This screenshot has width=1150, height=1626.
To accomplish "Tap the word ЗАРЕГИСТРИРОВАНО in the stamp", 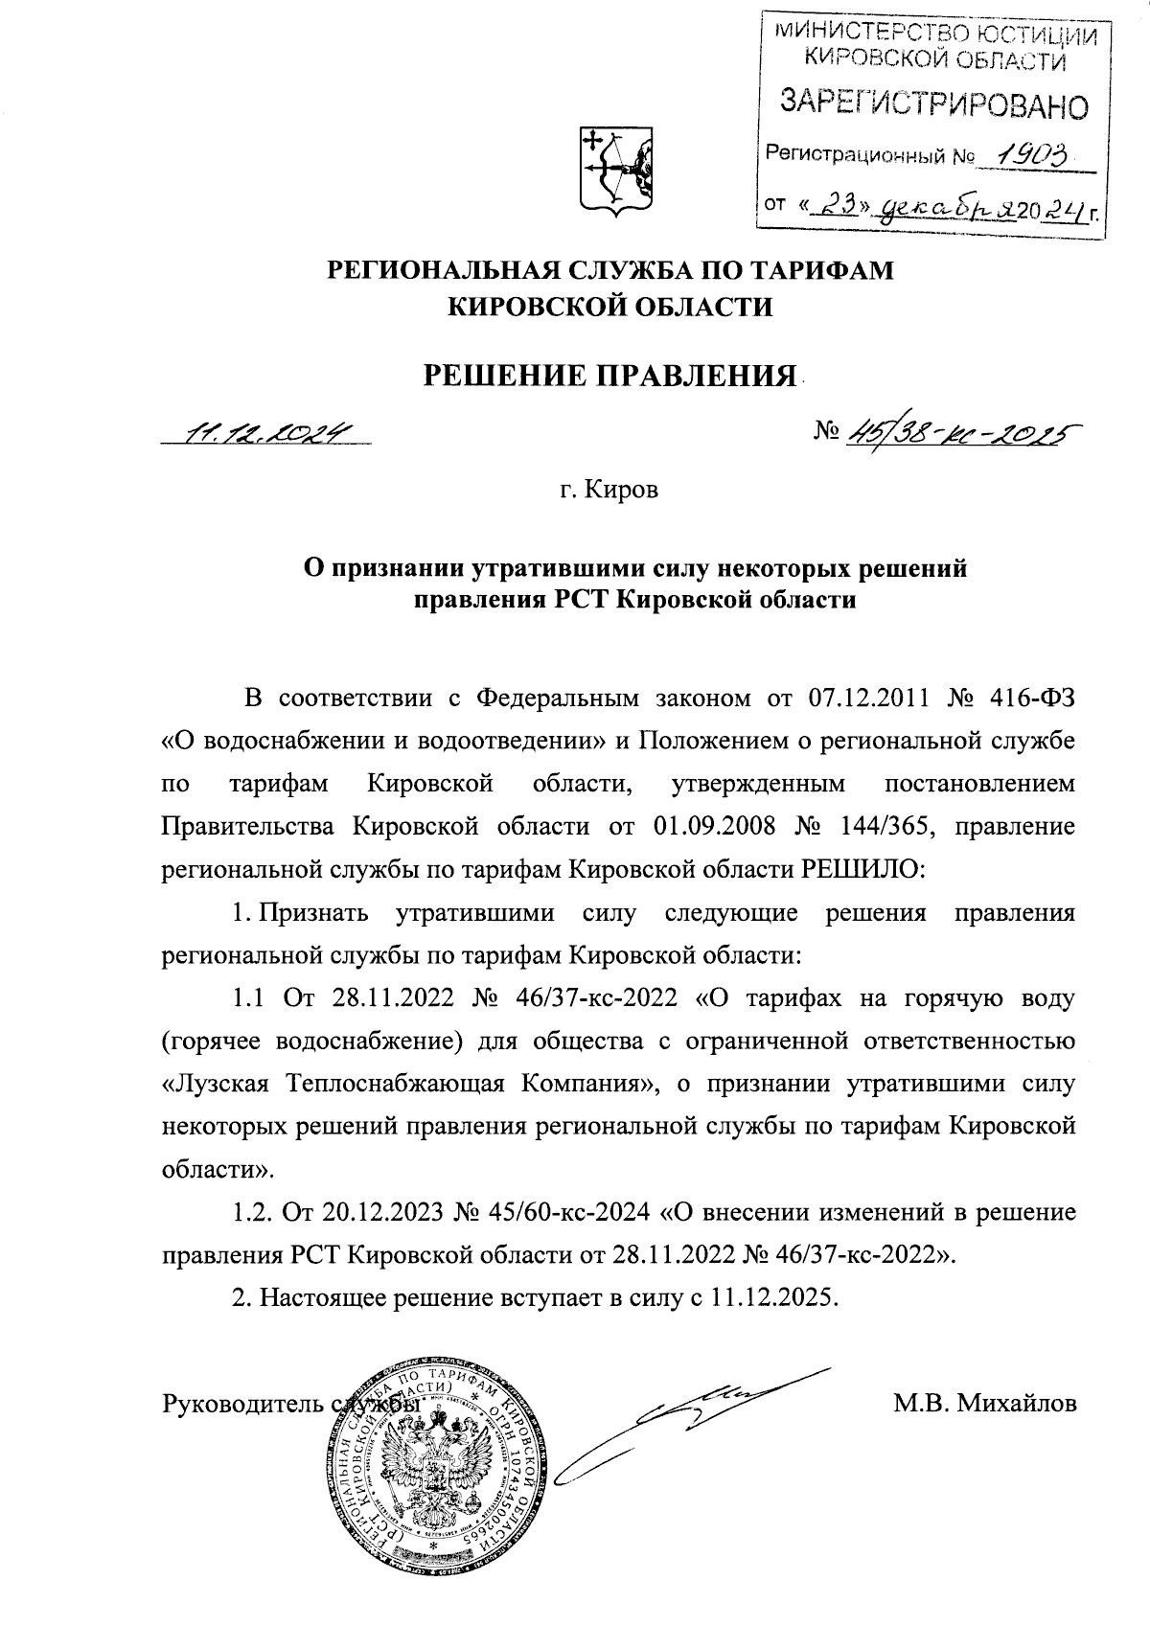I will (x=935, y=103).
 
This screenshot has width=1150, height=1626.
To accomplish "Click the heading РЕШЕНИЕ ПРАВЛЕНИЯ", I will (x=611, y=373).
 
